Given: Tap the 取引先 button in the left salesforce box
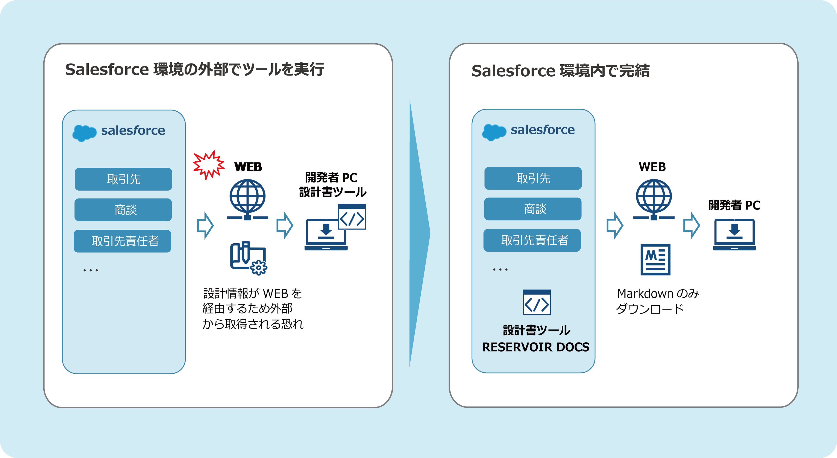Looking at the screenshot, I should click(123, 179).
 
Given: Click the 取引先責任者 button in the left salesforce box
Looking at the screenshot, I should click(123, 241).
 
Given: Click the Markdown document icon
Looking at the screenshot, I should click(655, 259).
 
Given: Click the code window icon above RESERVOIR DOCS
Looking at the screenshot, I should click(537, 302).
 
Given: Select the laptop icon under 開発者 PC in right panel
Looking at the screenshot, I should click(734, 235).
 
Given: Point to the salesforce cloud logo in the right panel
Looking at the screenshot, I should click(494, 132).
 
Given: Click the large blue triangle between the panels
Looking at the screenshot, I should click(419, 233).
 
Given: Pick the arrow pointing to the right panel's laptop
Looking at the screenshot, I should click(691, 225).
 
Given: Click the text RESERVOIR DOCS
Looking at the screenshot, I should click(535, 347).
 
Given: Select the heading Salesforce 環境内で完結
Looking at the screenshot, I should click(561, 71).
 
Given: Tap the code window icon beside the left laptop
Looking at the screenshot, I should click(352, 217).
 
